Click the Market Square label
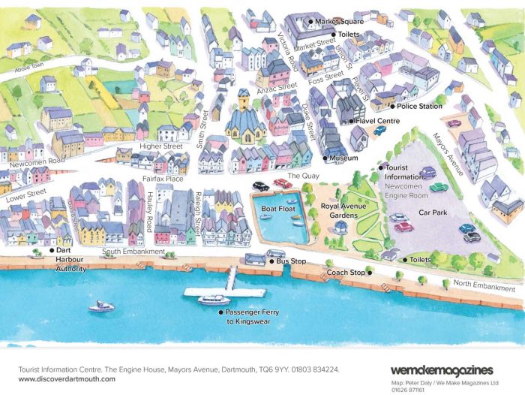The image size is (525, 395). pos(338,22)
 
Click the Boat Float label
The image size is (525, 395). pos(277,210)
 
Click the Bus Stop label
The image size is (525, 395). pos(291,261)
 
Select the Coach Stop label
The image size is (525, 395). pos(346,272)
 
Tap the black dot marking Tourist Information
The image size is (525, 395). pos(380,167)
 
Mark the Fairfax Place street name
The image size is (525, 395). pos(163,179)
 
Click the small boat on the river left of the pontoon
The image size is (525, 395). pos(101,306)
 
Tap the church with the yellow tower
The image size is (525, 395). pos(244,117)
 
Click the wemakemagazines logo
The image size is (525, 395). pos(442,369)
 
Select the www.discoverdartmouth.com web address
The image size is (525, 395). pos(67,378)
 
